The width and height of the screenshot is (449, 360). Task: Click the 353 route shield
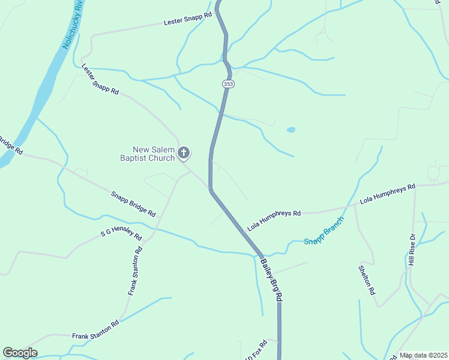228,84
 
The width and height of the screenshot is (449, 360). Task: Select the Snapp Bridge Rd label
133,204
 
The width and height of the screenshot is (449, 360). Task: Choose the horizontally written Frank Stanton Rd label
95,329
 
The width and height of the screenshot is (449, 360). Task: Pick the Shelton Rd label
366,280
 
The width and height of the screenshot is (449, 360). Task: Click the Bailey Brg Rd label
271,279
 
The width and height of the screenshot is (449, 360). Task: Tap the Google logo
20,353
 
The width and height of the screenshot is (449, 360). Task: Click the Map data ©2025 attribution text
423,355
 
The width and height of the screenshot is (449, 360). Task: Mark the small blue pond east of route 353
291,130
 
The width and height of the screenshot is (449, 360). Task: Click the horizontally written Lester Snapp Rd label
188,19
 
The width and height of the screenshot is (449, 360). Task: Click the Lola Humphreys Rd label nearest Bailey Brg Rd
274,220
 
